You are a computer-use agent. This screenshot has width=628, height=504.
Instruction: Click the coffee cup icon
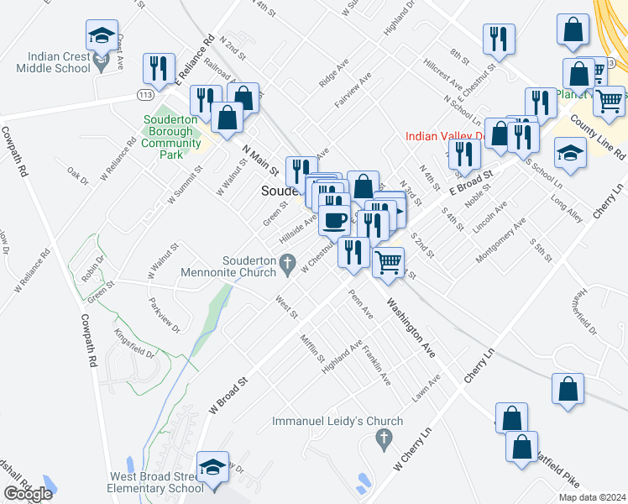coord(335,221)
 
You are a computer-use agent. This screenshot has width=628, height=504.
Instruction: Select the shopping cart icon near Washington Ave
coord(388,261)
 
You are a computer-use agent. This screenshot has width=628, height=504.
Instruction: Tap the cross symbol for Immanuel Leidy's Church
coord(384,438)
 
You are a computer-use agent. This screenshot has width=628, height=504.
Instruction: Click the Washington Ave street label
coord(411,328)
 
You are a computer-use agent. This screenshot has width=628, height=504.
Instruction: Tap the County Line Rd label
coord(597,137)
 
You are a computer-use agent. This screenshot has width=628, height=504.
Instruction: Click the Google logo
coord(28,494)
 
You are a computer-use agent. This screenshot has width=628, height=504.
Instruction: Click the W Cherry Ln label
coord(411,451)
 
